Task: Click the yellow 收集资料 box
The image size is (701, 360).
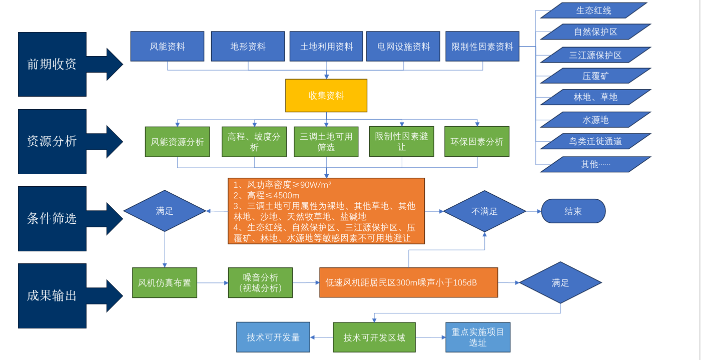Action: (326, 96)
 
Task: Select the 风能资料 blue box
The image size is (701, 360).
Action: (167, 47)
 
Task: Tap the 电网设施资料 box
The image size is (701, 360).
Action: (403, 47)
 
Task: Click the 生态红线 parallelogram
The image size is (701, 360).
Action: (593, 11)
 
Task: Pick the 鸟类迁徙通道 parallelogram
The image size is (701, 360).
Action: (595, 141)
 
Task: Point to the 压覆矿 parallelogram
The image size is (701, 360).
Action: (595, 76)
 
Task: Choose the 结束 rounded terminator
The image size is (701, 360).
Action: (573, 211)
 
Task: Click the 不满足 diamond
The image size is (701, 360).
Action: (484, 211)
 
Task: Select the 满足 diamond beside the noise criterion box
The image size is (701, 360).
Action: (560, 283)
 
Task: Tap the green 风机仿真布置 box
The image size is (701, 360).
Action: (165, 283)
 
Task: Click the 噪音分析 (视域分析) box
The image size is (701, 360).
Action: (260, 283)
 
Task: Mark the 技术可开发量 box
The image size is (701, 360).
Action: (273, 337)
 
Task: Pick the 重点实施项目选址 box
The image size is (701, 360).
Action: (478, 337)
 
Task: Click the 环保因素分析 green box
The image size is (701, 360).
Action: (477, 142)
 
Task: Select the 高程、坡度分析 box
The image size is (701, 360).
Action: (254, 142)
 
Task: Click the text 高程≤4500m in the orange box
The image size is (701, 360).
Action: (273, 196)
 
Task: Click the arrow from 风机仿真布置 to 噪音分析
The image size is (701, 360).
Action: (213, 283)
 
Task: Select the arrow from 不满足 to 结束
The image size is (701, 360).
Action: (533, 211)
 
